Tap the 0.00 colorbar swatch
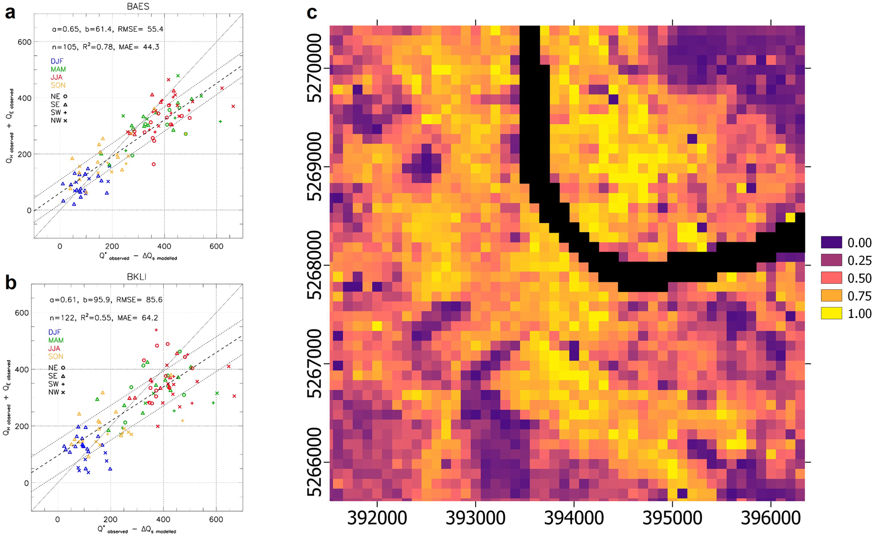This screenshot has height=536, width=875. tap(831, 243)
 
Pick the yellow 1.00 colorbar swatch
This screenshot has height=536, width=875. tap(831, 313)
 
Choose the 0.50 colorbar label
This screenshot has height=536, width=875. tap(860, 278)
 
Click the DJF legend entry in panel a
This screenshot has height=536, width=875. tap(57, 62)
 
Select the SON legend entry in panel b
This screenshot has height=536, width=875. tap(56, 357)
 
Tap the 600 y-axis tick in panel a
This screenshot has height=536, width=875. tap(24, 41)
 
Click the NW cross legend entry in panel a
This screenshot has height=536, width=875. tap(59, 120)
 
